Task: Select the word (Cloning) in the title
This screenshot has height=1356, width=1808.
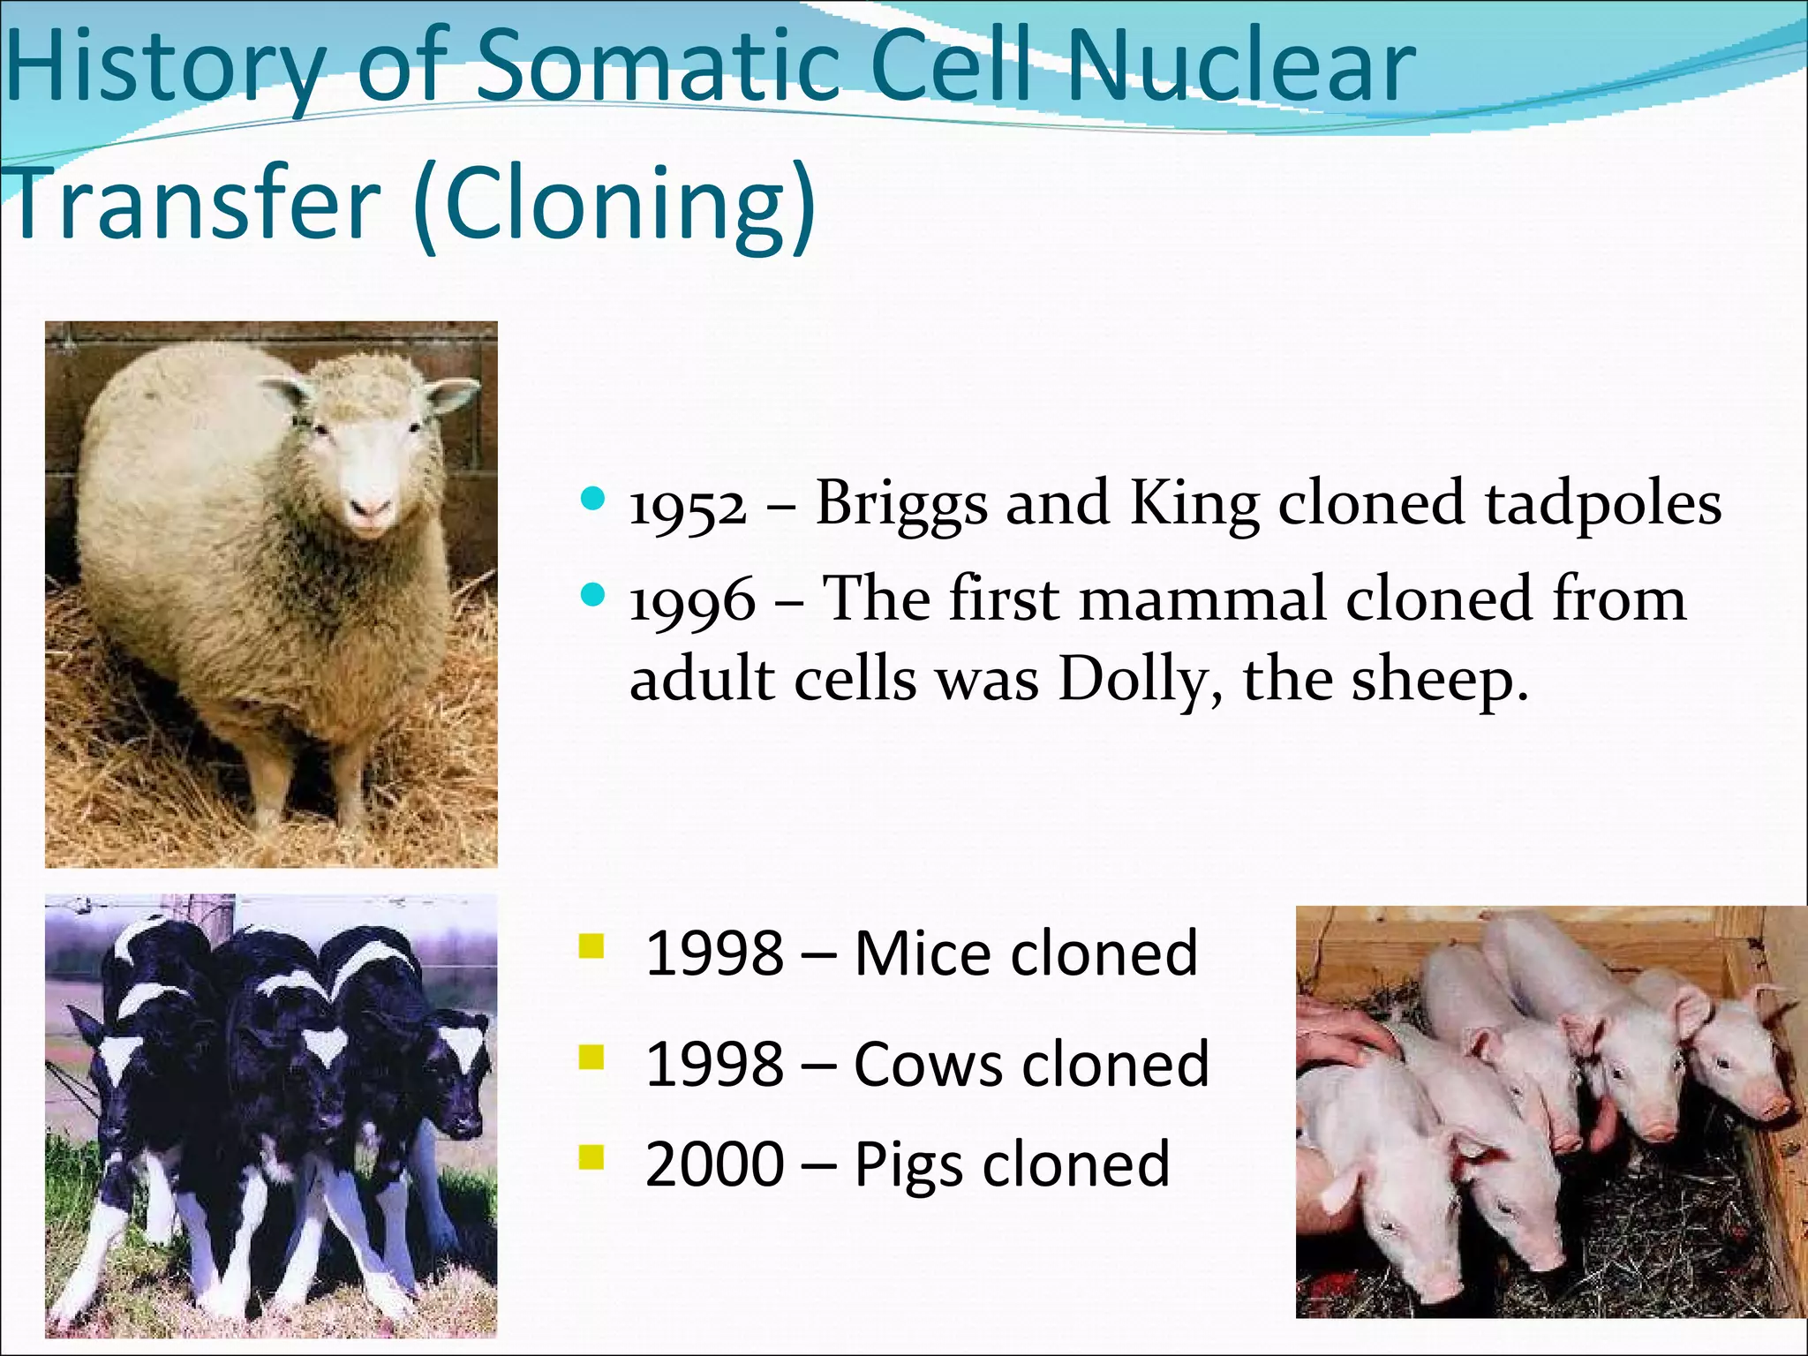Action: tap(614, 205)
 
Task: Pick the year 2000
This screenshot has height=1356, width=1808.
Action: tap(714, 1164)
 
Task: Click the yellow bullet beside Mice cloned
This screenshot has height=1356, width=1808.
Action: tap(591, 947)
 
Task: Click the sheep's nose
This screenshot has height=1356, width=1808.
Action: tap(370, 508)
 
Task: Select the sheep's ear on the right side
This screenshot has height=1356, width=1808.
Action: tap(450, 394)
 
